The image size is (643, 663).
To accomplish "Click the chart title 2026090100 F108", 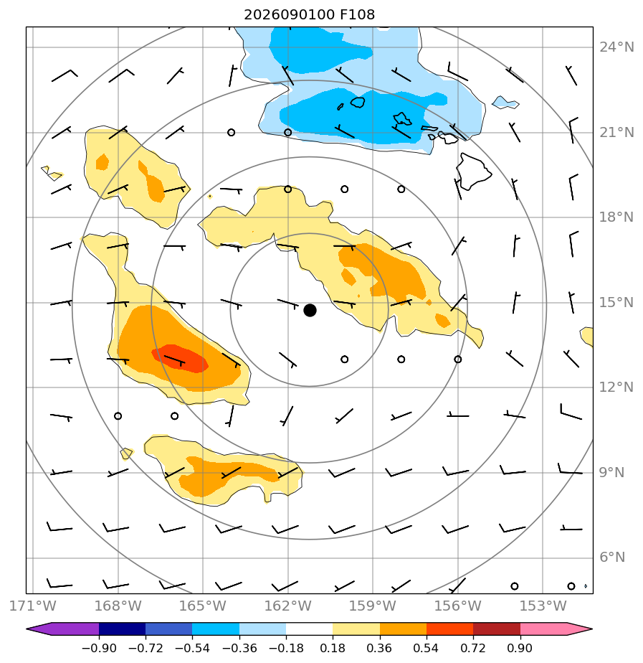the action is click(309, 15).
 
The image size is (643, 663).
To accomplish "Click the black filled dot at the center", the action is click(310, 310).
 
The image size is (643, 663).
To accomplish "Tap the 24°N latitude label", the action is click(616, 47).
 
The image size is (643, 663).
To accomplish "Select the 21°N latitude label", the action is click(616, 133).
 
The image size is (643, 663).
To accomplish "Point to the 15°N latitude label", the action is click(616, 303).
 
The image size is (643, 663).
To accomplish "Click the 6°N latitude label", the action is click(612, 558).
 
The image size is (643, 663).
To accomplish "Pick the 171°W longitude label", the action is click(33, 606).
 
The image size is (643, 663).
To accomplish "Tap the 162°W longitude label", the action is click(287, 606).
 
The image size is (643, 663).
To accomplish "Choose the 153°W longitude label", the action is click(543, 606).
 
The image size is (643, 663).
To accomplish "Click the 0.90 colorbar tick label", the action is click(520, 648).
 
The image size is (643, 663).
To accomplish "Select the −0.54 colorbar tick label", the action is click(192, 648).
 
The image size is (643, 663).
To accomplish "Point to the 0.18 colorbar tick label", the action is click(333, 648).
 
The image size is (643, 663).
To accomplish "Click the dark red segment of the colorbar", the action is click(496, 629).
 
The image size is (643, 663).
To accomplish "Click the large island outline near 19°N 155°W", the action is click(473, 171).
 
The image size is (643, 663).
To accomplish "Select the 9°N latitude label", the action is click(612, 472).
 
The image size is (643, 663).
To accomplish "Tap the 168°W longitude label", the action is click(118, 606).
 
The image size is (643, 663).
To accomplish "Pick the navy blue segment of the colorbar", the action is click(122, 629).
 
